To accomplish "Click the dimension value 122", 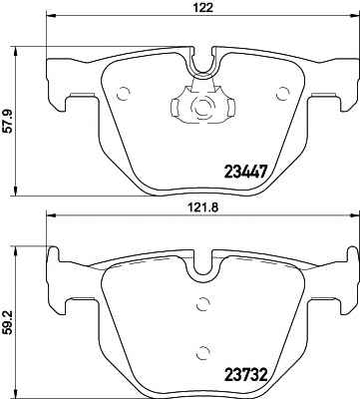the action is [x=202, y=8].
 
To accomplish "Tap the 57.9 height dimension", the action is [x=9, y=122].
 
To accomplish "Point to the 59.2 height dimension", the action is [x=9, y=322].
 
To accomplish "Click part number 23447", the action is [x=246, y=172].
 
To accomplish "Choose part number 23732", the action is [x=246, y=375].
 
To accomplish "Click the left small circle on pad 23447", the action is [x=124, y=94].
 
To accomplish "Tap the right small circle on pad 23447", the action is [x=283, y=94].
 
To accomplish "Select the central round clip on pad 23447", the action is [x=202, y=107].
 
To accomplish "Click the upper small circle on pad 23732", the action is [x=202, y=303].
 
